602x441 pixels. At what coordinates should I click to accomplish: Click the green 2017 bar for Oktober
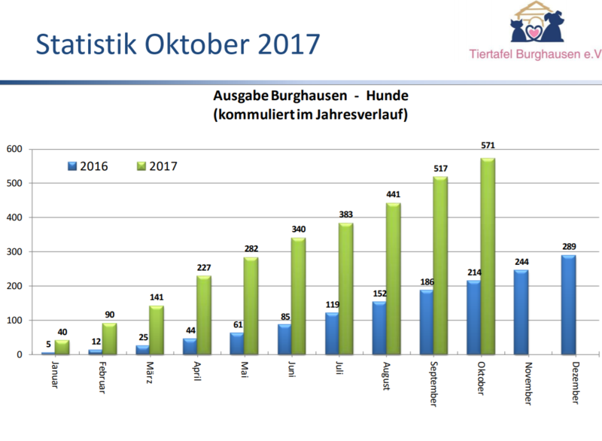pyautogui.click(x=487, y=256)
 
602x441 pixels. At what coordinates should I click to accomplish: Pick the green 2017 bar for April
pyautogui.click(x=204, y=315)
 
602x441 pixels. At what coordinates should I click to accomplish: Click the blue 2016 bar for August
pyautogui.click(x=380, y=327)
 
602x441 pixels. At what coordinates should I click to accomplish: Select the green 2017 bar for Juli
pyautogui.click(x=345, y=288)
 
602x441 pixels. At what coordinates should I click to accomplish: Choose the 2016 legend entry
pyautogui.click(x=89, y=166)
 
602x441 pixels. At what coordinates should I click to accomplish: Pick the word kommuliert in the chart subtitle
pyautogui.click(x=252, y=114)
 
